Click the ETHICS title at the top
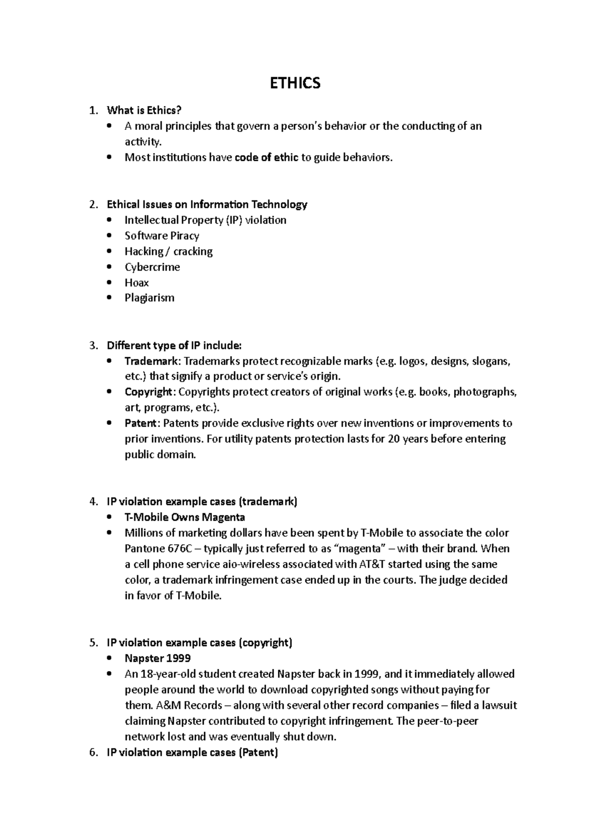tap(295, 83)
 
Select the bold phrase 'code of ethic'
tap(267, 157)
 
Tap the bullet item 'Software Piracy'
tap(161, 235)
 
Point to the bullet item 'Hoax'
tap(136, 283)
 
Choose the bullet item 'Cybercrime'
tap(152, 267)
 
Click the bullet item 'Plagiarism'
tap(149, 298)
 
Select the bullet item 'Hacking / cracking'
tap(168, 251)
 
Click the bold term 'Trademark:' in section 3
tap(153, 362)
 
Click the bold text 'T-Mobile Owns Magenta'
tap(185, 517)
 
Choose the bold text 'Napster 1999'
tap(158, 658)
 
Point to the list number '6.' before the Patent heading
tap(94, 753)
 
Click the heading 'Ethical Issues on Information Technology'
tap(207, 204)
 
